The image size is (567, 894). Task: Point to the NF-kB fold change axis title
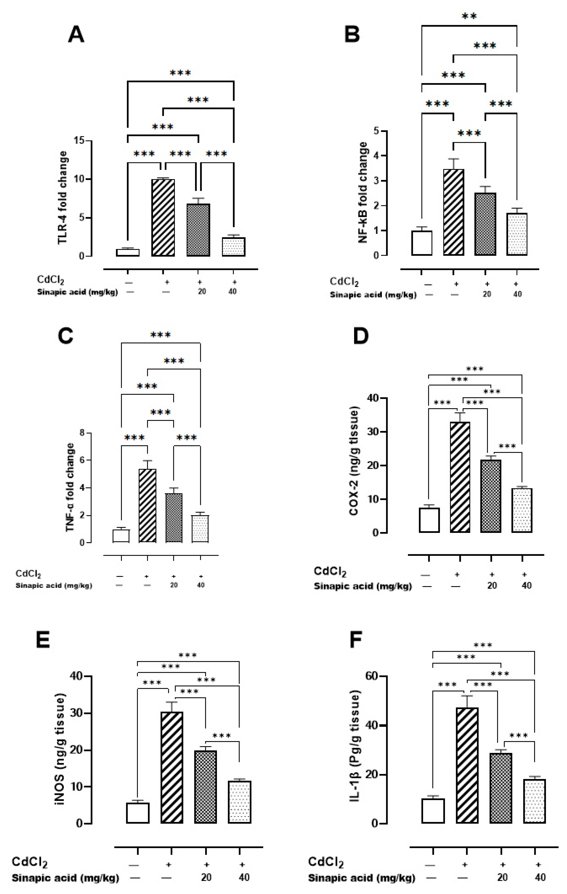coord(364,193)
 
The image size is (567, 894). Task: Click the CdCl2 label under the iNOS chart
coord(30,862)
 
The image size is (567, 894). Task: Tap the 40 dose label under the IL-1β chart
coord(540,878)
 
